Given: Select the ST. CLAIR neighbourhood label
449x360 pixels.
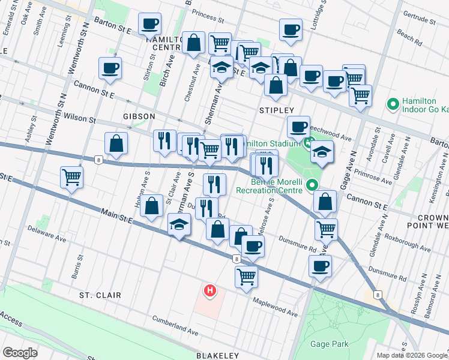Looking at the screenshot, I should [100, 296].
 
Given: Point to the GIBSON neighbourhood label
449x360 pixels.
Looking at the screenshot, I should [139, 116].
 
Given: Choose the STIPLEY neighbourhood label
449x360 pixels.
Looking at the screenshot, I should [276, 110].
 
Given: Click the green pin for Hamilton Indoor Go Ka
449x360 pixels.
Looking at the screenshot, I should [393, 104].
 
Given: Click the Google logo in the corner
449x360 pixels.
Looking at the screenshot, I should [20, 353].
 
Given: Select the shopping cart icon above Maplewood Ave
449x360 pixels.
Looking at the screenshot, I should [246, 277].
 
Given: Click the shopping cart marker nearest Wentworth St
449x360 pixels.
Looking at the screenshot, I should [71, 176].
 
